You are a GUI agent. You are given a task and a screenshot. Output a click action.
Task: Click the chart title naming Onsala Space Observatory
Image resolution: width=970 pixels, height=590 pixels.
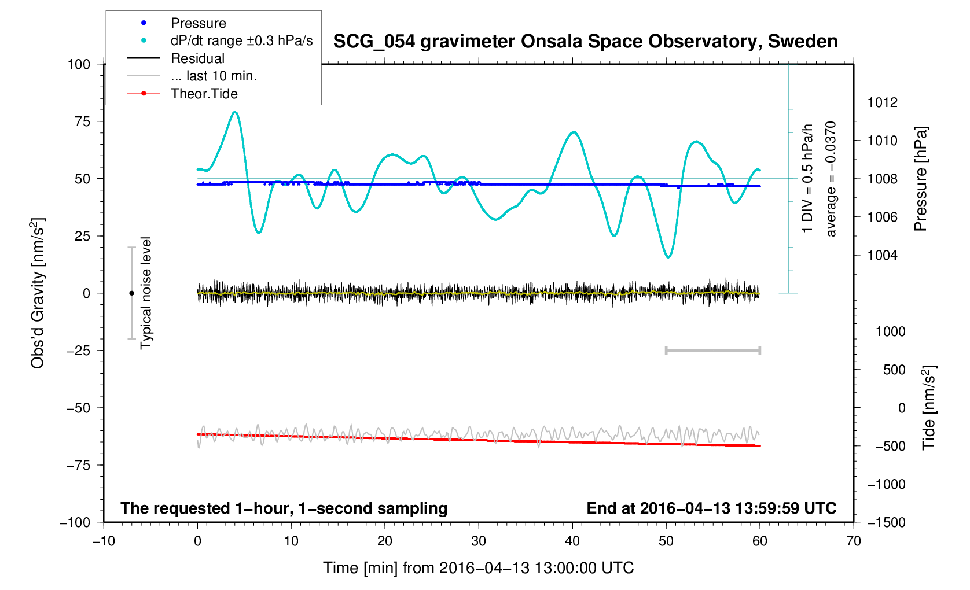point(585,42)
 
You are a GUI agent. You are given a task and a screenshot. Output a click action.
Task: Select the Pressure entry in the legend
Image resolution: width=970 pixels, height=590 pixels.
point(198,23)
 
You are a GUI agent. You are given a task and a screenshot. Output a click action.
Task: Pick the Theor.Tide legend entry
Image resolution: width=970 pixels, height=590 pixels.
point(204,94)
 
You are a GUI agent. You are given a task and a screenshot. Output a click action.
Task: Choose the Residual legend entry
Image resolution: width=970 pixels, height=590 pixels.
point(197,58)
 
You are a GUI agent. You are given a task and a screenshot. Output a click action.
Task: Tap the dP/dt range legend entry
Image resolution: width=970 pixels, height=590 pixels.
point(241,40)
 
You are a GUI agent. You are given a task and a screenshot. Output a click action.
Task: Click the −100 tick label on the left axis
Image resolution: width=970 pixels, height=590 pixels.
point(75,522)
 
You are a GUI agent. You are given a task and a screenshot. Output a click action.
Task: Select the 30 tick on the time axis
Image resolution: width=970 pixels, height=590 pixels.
point(479,541)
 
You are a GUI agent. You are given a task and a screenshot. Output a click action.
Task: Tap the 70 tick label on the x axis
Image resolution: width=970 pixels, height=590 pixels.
point(853,541)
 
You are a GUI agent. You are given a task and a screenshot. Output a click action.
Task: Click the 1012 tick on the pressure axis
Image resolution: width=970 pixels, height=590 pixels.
point(883,103)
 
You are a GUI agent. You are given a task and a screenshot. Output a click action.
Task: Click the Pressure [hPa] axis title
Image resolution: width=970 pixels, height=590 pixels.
point(920,179)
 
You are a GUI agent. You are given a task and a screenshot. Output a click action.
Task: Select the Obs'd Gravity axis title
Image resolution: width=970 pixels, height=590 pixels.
point(38,293)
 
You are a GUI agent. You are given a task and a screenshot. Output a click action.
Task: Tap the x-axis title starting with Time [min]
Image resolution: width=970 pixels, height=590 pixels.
point(479,568)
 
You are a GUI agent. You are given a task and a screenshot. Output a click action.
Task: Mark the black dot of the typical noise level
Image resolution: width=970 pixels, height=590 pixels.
point(131,293)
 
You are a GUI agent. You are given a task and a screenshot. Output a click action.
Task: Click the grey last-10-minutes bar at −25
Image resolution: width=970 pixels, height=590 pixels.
point(713,350)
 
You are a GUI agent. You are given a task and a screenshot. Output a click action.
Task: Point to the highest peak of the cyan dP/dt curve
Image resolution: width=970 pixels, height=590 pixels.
point(234,112)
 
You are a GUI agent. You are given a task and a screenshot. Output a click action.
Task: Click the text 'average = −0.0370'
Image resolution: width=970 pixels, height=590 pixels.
point(831,179)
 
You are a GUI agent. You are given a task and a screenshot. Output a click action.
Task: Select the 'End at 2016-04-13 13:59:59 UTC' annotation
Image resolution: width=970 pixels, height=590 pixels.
point(711,508)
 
